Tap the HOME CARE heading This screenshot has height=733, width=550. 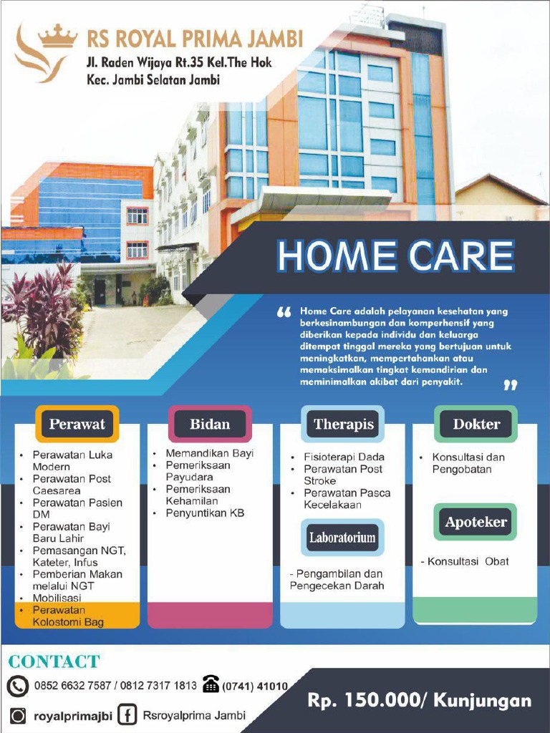[x=395, y=257]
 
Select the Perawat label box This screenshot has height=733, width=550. [x=77, y=424]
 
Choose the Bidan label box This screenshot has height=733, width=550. [x=210, y=424]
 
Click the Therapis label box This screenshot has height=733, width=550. [x=343, y=424]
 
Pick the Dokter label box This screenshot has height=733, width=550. [x=476, y=424]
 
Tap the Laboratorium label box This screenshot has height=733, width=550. [x=342, y=538]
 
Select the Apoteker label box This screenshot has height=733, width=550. [x=476, y=522]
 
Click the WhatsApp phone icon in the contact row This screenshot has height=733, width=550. [x=17, y=686]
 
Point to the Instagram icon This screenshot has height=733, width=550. [x=19, y=715]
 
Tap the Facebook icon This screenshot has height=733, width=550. [x=127, y=715]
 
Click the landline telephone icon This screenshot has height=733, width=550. [x=211, y=684]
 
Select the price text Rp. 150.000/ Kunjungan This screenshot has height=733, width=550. [x=420, y=700]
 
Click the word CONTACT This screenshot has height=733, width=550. [x=54, y=661]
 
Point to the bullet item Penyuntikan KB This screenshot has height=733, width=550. [x=205, y=513]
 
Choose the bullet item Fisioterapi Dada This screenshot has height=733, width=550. [x=344, y=457]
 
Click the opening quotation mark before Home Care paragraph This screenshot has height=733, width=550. [x=284, y=313]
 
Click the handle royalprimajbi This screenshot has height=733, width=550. [x=73, y=715]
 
